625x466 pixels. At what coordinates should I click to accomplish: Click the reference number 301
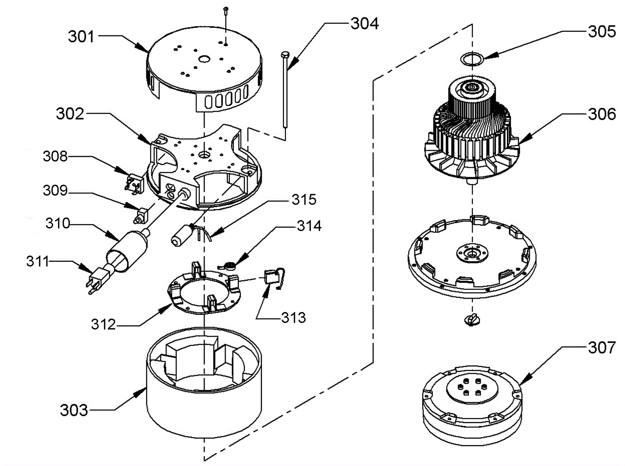click(81, 37)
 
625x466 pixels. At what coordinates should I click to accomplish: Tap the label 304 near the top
click(364, 23)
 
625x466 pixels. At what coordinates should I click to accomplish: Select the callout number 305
click(602, 32)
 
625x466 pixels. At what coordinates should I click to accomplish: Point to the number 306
click(602, 114)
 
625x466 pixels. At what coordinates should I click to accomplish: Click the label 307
click(602, 348)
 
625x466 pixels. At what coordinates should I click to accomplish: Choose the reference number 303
click(74, 410)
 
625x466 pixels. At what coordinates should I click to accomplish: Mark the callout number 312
click(103, 324)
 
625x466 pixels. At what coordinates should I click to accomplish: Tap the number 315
click(304, 200)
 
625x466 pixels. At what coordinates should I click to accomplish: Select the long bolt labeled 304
click(285, 91)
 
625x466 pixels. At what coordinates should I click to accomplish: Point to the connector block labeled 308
click(134, 183)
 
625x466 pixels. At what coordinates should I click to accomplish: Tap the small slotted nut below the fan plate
click(472, 320)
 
